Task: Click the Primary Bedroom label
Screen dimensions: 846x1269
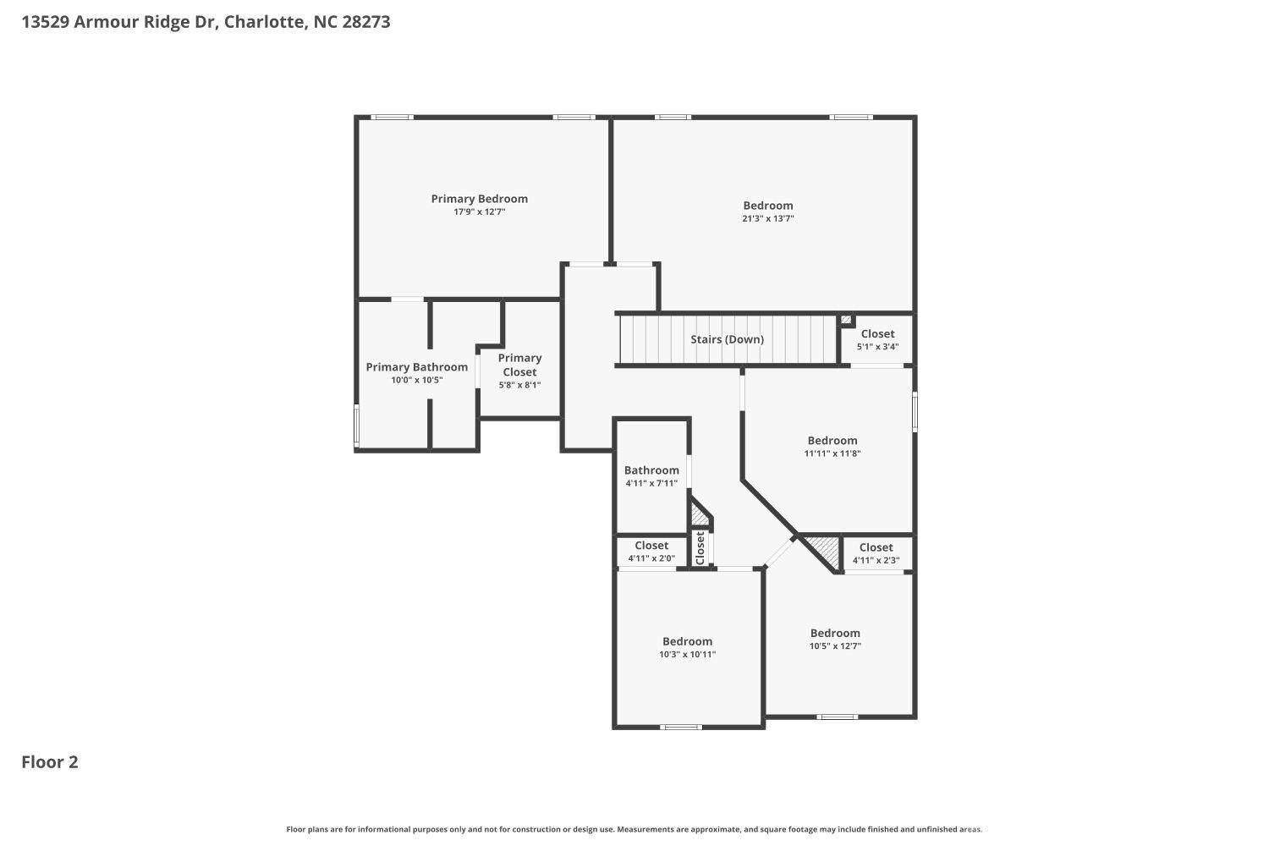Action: coord(479,199)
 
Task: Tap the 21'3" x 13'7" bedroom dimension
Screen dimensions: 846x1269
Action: coord(767,218)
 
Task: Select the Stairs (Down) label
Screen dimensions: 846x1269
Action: coord(727,339)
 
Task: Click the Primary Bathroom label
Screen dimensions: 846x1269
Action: coord(416,367)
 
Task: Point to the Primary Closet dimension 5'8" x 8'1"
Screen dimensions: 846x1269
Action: coord(519,385)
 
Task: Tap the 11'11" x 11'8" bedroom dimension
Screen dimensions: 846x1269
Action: coord(832,453)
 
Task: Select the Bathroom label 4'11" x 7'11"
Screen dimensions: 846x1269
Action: coord(651,470)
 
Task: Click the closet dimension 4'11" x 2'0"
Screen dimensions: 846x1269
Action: coord(651,558)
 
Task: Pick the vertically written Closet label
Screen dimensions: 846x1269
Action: coord(700,548)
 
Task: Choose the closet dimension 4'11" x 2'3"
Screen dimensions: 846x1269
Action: coord(876,560)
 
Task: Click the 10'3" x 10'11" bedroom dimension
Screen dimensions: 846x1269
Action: coord(687,654)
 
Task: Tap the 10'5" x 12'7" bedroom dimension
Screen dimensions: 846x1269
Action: coord(835,646)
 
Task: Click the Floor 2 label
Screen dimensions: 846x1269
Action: coord(50,762)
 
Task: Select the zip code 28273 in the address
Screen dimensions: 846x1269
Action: coord(365,22)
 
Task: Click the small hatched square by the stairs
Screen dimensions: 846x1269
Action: coord(846,320)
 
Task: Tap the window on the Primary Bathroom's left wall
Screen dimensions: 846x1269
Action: coord(356,426)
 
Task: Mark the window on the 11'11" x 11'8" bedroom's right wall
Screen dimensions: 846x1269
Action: coord(915,412)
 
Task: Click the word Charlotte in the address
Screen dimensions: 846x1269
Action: coord(263,22)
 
